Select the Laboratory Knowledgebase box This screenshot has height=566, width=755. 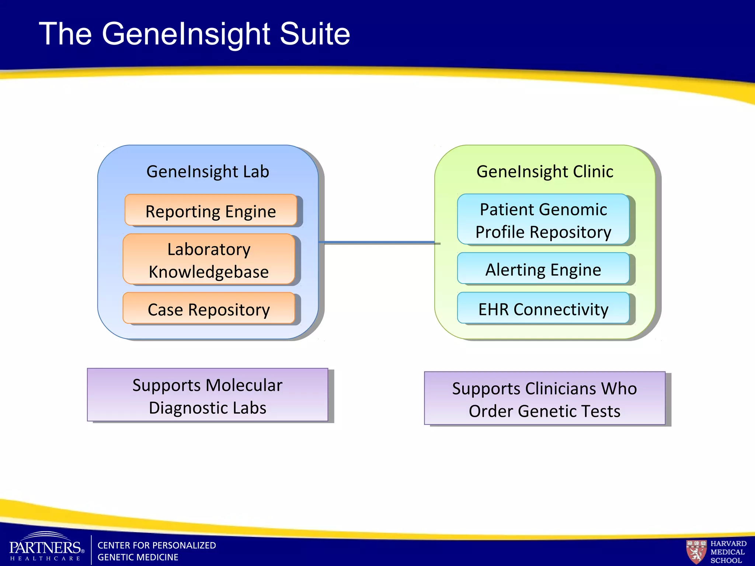click(x=209, y=259)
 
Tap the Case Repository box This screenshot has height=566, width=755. click(x=209, y=308)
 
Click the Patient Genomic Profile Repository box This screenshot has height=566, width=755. click(x=543, y=220)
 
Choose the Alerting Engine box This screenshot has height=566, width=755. click(x=543, y=269)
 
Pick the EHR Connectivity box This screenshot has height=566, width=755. click(x=543, y=308)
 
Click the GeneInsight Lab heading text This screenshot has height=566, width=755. click(x=208, y=171)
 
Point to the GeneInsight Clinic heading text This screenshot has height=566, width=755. click(x=544, y=171)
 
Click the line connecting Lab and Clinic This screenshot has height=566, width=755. click(x=376, y=242)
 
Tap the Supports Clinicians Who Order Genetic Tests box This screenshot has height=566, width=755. click(x=544, y=399)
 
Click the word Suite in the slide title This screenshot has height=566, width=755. click(x=315, y=34)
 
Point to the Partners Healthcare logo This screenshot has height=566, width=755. click(x=46, y=547)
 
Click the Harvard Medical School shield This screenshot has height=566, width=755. click(x=696, y=552)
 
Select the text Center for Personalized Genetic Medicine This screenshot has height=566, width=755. click(x=156, y=551)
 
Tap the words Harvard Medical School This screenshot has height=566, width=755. click(x=728, y=552)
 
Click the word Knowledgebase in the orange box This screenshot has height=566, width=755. click(x=209, y=272)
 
